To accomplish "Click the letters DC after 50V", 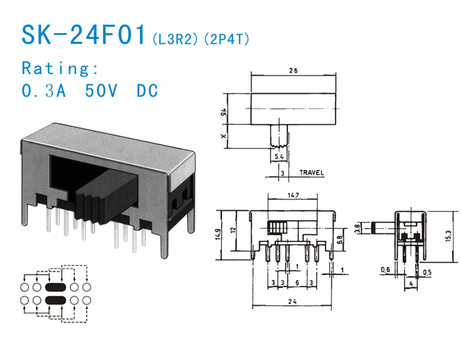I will (x=146, y=91).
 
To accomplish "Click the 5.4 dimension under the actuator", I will (x=278, y=156).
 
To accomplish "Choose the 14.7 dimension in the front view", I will (x=292, y=195).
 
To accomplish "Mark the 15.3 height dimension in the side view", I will (x=447, y=236).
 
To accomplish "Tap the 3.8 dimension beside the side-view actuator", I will (x=359, y=230).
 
